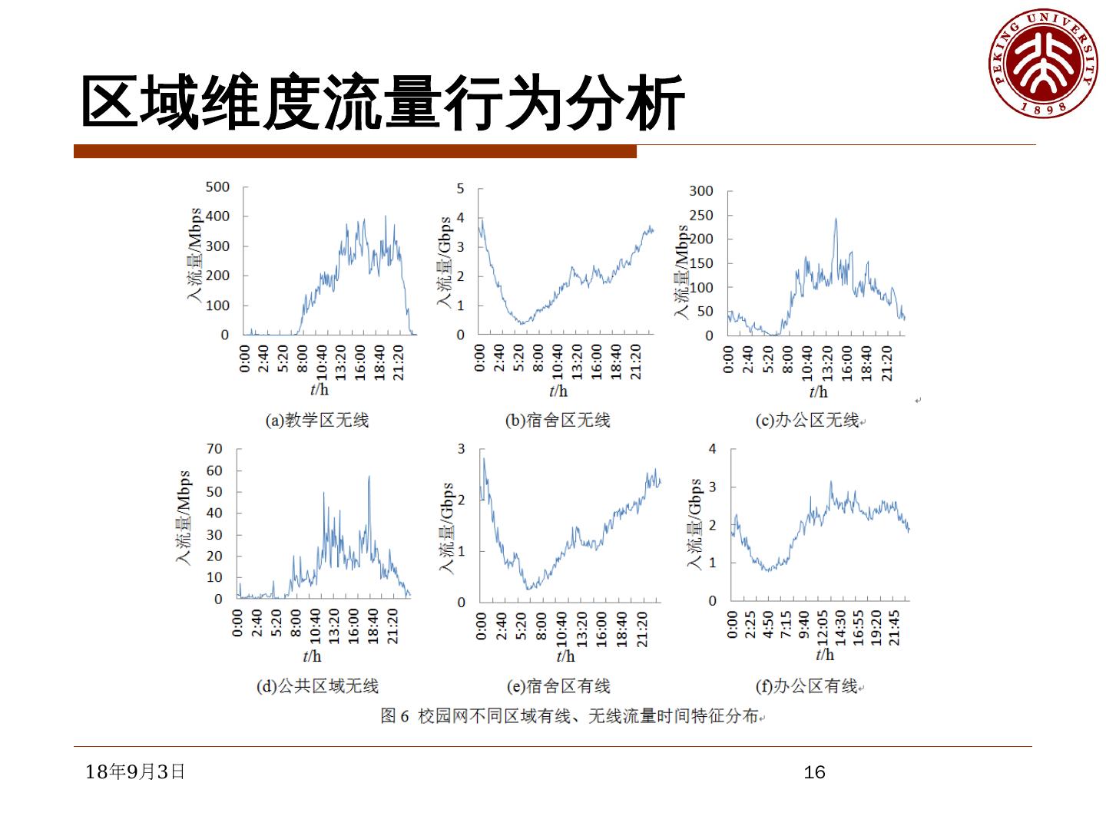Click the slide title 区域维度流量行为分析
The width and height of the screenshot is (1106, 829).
click(x=382, y=103)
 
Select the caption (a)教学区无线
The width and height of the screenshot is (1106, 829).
click(x=317, y=421)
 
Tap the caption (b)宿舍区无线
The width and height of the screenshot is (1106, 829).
click(x=558, y=421)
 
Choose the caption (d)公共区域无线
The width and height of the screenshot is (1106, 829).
click(x=317, y=686)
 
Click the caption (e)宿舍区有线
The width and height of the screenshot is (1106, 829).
click(x=558, y=686)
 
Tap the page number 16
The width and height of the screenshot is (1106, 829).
click(x=814, y=772)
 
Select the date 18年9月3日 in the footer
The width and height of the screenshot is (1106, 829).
click(x=135, y=771)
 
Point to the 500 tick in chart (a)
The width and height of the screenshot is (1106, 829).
click(x=218, y=187)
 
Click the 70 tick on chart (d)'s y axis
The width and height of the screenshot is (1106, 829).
click(x=214, y=449)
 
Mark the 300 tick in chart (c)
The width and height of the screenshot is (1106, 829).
click(x=700, y=191)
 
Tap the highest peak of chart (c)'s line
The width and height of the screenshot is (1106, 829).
click(x=836, y=219)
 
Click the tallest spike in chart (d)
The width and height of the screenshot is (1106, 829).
click(x=369, y=477)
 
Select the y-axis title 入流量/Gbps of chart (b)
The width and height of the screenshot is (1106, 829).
click(x=445, y=262)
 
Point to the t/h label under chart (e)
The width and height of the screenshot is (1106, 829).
click(x=565, y=656)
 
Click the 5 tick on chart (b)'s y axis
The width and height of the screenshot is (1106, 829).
click(x=460, y=188)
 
